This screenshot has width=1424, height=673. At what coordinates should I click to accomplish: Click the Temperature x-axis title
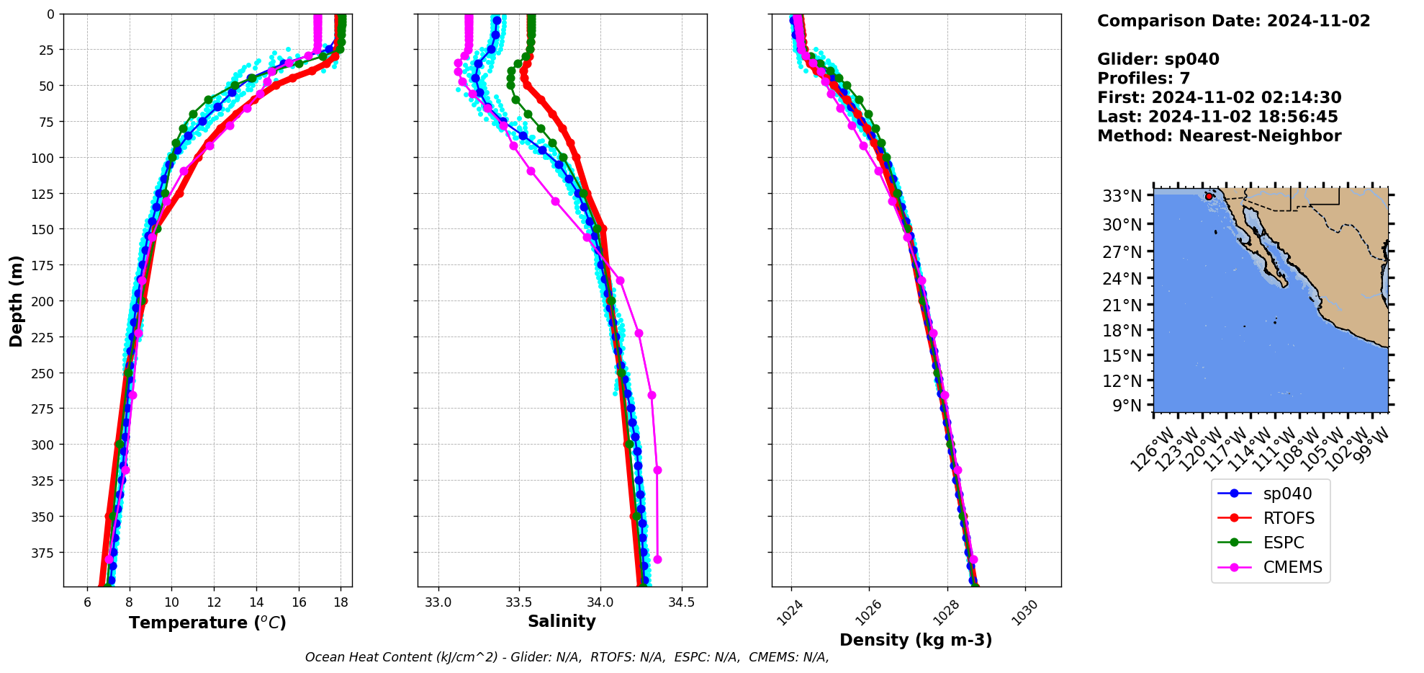[x=207, y=623]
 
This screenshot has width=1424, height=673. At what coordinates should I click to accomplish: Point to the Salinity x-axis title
[x=562, y=621]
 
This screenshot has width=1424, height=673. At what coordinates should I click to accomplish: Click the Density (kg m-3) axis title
[x=916, y=640]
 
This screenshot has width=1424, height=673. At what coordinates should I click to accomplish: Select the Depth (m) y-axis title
[x=16, y=300]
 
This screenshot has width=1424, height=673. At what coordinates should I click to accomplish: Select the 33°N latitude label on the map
[x=1122, y=196]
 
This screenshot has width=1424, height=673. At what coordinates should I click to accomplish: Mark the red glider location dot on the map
[x=1209, y=196]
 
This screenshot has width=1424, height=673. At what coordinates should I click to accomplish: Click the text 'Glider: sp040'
[x=1158, y=59]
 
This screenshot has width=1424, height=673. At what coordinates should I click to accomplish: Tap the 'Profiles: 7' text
[x=1143, y=79]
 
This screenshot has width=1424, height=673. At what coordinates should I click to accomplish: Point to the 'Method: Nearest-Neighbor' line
[x=1219, y=136]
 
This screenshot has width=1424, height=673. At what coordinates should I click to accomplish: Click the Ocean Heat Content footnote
[x=567, y=657]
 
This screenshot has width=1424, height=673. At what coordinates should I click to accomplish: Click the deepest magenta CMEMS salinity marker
[x=657, y=560]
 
